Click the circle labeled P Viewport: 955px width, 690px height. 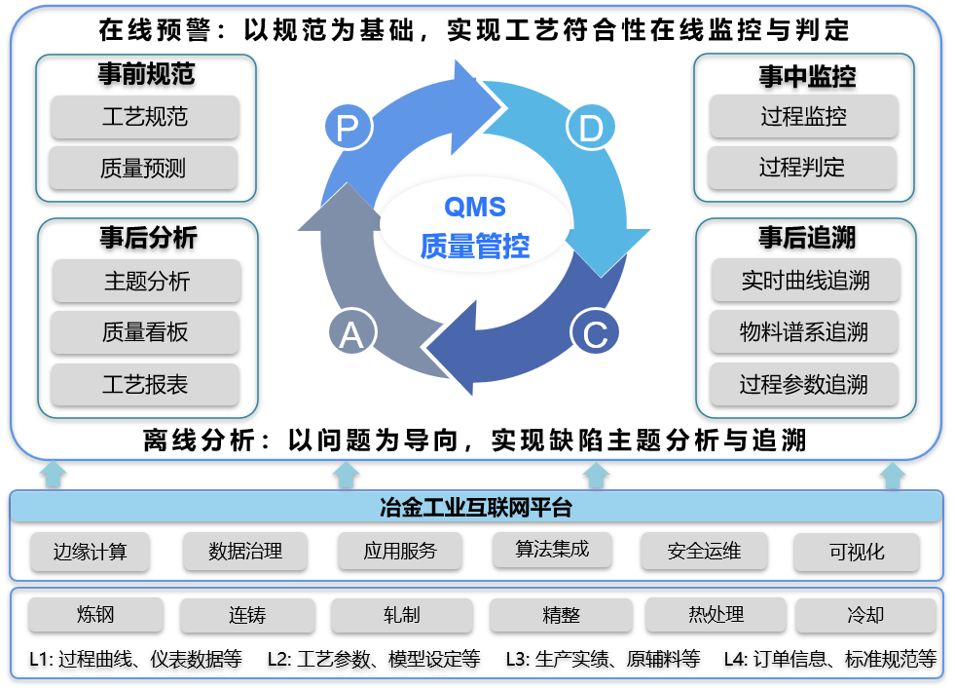349,128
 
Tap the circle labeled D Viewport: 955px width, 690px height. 590,128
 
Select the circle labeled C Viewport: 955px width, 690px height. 595,332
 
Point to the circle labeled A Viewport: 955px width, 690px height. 352,333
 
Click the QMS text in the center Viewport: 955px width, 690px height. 475,208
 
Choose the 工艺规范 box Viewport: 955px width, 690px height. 145,116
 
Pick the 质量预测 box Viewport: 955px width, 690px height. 143,168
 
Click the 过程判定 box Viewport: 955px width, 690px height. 802,167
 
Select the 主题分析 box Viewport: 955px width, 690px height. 147,281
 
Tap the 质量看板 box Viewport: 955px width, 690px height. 145,332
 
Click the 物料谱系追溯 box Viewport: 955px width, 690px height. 804,331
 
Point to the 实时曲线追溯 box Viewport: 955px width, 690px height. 806,281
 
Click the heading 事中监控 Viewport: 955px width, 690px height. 807,76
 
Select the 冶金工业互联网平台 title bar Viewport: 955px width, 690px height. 476,507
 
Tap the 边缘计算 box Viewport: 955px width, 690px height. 91,552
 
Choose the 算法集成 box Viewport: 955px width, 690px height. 552,550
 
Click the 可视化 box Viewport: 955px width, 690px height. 857,552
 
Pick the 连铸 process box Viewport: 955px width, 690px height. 247,614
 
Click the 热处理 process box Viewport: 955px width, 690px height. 716,614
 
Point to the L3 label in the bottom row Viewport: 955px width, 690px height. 517,658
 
